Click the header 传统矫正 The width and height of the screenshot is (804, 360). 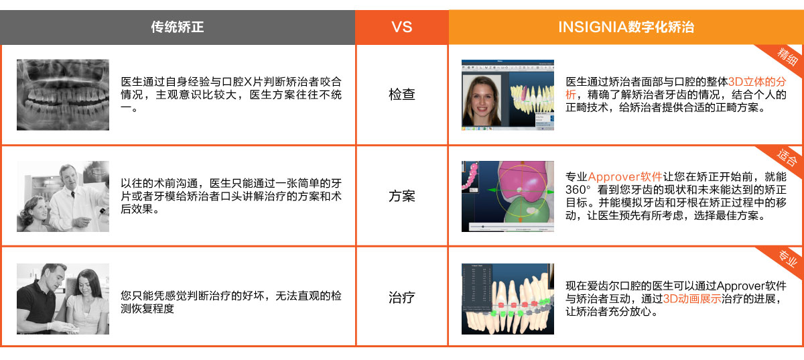178,27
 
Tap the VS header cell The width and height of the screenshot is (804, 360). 401,27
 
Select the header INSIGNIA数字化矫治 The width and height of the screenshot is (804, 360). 626,27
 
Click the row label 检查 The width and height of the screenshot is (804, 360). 401,95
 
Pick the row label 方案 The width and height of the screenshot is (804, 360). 401,196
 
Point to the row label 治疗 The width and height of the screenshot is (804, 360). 401,298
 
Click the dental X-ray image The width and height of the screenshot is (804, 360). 63,95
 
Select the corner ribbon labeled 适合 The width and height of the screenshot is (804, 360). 785,159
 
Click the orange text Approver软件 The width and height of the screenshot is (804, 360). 625,177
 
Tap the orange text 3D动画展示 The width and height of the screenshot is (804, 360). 691,298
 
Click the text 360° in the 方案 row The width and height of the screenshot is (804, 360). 578,190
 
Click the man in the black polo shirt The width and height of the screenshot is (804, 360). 42,298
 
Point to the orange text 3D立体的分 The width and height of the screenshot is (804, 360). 756,82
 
